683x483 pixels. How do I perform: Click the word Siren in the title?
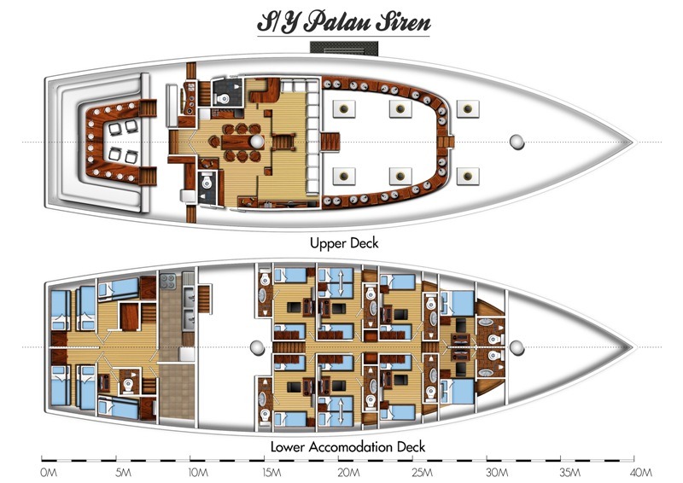(403, 22)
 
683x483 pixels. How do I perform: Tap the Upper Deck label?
(344, 243)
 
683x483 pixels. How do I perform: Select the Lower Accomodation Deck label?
(347, 446)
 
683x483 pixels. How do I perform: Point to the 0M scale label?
(49, 472)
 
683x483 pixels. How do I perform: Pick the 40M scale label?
(640, 472)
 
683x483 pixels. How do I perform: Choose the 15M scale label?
(271, 472)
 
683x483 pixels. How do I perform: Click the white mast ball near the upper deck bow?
(517, 142)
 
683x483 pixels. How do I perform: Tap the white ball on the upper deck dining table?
(256, 142)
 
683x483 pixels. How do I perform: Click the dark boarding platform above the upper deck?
(344, 48)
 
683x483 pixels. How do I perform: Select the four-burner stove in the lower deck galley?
(167, 281)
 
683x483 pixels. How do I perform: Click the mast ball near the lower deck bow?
(517, 347)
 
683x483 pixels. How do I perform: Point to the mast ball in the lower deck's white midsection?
(257, 348)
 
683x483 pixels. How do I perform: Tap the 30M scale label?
(497, 472)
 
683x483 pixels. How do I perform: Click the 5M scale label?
(123, 472)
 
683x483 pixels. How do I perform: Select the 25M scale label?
(423, 472)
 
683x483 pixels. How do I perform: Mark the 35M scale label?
(569, 472)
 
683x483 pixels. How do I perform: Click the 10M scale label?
(198, 472)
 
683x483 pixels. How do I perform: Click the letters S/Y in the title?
(278, 23)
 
